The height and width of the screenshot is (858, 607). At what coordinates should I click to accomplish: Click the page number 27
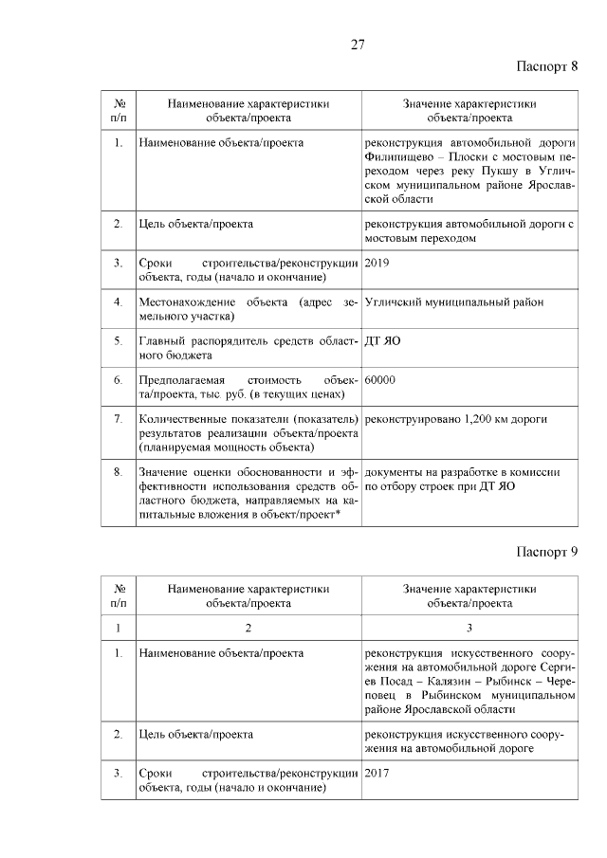click(358, 45)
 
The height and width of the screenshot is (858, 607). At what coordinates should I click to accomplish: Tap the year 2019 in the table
click(377, 263)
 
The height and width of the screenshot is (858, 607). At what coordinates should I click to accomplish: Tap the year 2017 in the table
click(377, 773)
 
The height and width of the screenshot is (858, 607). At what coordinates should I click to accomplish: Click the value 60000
click(379, 379)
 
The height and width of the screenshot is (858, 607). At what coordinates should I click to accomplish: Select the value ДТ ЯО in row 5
click(382, 340)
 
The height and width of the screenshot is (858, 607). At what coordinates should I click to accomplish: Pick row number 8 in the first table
click(118, 471)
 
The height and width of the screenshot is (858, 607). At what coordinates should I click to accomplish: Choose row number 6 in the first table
click(118, 379)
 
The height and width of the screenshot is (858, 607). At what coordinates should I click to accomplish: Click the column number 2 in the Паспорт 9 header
click(248, 627)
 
